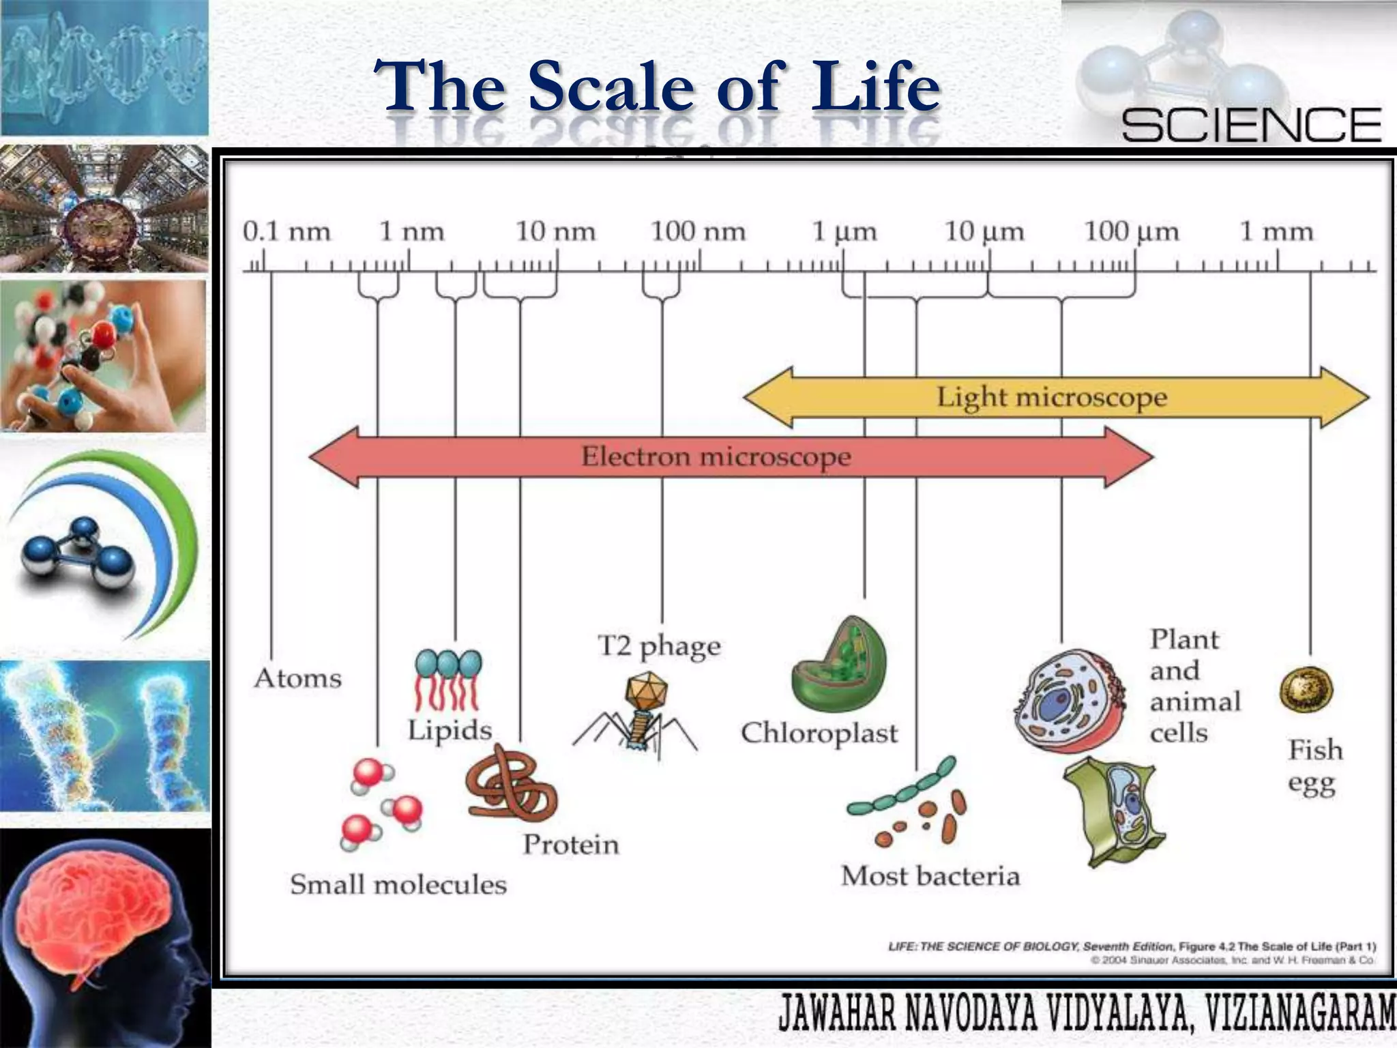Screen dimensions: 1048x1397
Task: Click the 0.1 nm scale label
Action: tap(286, 232)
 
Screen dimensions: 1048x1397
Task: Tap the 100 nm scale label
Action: tap(698, 232)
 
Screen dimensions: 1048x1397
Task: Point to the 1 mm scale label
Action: tap(1276, 232)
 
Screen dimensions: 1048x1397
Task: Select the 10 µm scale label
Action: tap(984, 232)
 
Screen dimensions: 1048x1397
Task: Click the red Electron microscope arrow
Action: tap(716, 456)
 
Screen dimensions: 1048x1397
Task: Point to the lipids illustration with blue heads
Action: tap(447, 680)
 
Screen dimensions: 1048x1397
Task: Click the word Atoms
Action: tap(297, 678)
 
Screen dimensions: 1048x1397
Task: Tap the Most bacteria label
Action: tap(930, 875)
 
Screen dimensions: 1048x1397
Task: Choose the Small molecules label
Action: tap(398, 884)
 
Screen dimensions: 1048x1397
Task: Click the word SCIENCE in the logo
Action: tap(1251, 126)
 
